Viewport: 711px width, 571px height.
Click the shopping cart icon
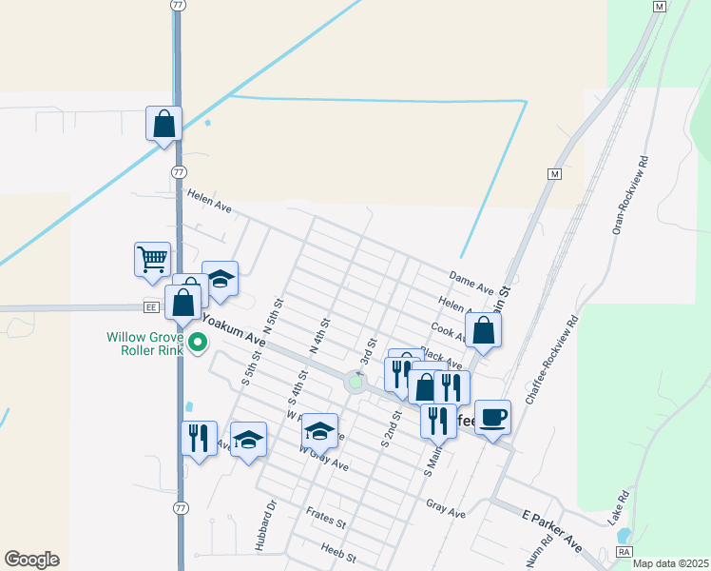(152, 258)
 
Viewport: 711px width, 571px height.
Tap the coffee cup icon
(492, 417)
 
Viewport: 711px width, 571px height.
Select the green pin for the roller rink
(198, 342)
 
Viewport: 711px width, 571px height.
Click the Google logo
(31, 560)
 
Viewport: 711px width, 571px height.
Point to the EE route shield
(150, 306)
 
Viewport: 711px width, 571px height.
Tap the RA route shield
(624, 551)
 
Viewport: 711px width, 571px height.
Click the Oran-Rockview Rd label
(628, 195)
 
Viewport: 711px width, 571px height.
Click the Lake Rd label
(620, 504)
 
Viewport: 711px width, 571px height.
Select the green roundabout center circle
(355, 383)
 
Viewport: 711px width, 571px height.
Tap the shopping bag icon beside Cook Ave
(484, 329)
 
